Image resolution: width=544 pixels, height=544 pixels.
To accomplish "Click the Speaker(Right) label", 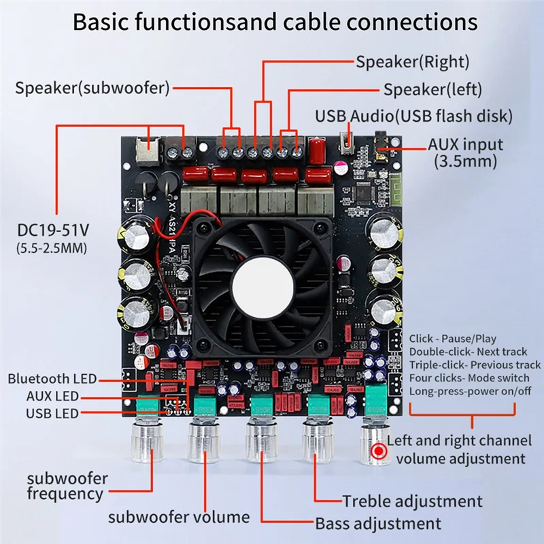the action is coord(413,62).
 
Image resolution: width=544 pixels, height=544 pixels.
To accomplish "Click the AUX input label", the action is coord(465,145).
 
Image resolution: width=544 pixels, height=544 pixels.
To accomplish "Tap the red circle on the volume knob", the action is coord(377,451).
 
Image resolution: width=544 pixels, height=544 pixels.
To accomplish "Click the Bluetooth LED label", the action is coord(52,379).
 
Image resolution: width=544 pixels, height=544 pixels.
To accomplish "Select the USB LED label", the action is coord(52,413).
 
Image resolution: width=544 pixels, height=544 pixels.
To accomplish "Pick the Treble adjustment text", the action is coord(412,502).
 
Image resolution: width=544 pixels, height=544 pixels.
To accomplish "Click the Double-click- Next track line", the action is coord(468,352).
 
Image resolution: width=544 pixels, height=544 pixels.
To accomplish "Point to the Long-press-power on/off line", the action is coord(469,391).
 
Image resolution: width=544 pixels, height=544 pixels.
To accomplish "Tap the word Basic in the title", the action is coord(101,22).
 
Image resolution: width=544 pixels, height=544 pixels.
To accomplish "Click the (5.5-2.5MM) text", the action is coord(52,248).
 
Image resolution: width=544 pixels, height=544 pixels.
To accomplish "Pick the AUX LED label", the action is coord(52,396).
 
